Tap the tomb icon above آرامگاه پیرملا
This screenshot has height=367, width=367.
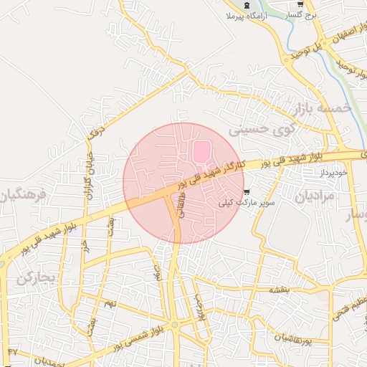(247, 5)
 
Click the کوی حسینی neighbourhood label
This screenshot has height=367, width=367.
(259, 129)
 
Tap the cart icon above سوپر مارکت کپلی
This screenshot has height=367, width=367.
(247, 192)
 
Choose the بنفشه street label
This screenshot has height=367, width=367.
(279, 290)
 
